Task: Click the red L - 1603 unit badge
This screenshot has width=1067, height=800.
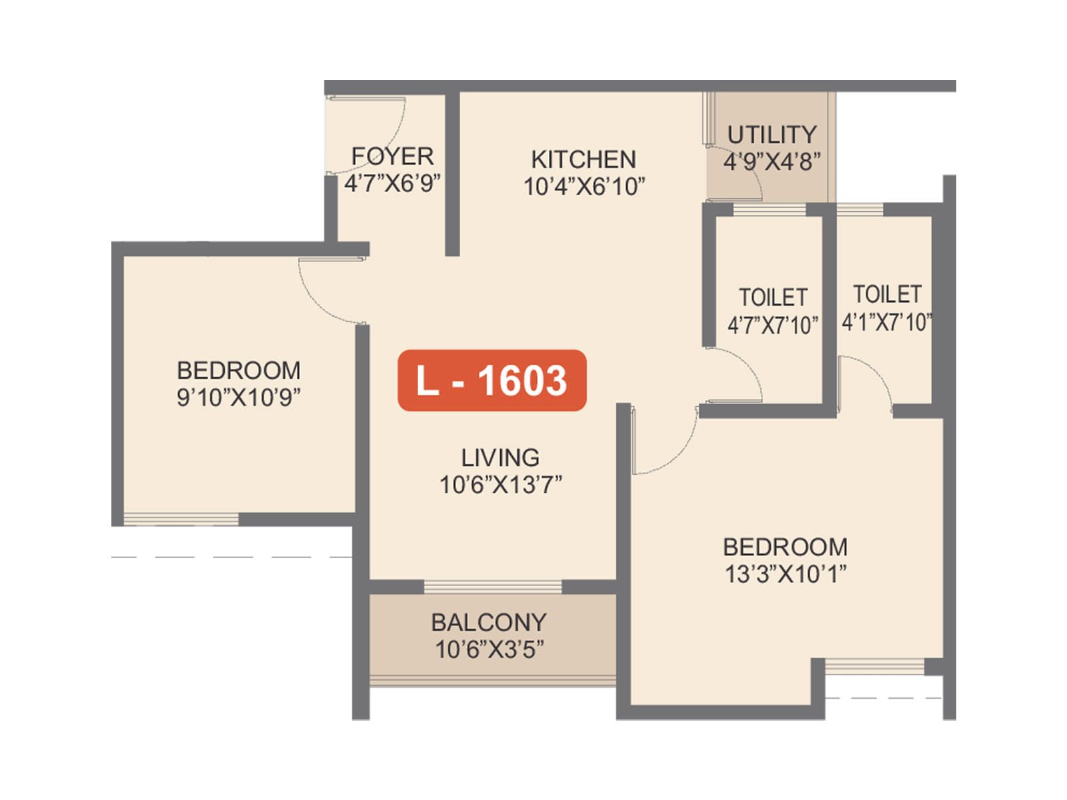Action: pyautogui.click(x=491, y=380)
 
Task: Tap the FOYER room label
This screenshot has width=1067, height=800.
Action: pyautogui.click(x=392, y=156)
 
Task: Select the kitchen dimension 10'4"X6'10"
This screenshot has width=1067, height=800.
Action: pyautogui.click(x=584, y=187)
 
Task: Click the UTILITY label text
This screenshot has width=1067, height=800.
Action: pyautogui.click(x=772, y=135)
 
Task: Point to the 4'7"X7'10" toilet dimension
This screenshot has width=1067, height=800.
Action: pyautogui.click(x=772, y=325)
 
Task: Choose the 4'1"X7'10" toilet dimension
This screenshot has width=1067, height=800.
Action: pyautogui.click(x=886, y=323)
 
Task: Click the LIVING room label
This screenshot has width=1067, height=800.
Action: pyautogui.click(x=500, y=457)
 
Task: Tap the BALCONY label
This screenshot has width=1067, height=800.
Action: pyautogui.click(x=489, y=622)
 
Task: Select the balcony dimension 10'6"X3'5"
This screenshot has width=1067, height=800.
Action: pyautogui.click(x=489, y=649)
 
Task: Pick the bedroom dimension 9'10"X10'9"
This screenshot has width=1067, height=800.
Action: pyautogui.click(x=238, y=397)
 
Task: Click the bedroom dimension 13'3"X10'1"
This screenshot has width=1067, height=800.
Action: pyautogui.click(x=785, y=574)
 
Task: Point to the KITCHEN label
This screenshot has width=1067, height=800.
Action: pyautogui.click(x=584, y=159)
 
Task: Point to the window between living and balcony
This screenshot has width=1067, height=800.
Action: pyautogui.click(x=493, y=587)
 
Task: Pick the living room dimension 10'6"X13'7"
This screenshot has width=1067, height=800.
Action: pyautogui.click(x=500, y=485)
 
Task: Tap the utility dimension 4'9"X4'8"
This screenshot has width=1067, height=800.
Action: pyautogui.click(x=772, y=161)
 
